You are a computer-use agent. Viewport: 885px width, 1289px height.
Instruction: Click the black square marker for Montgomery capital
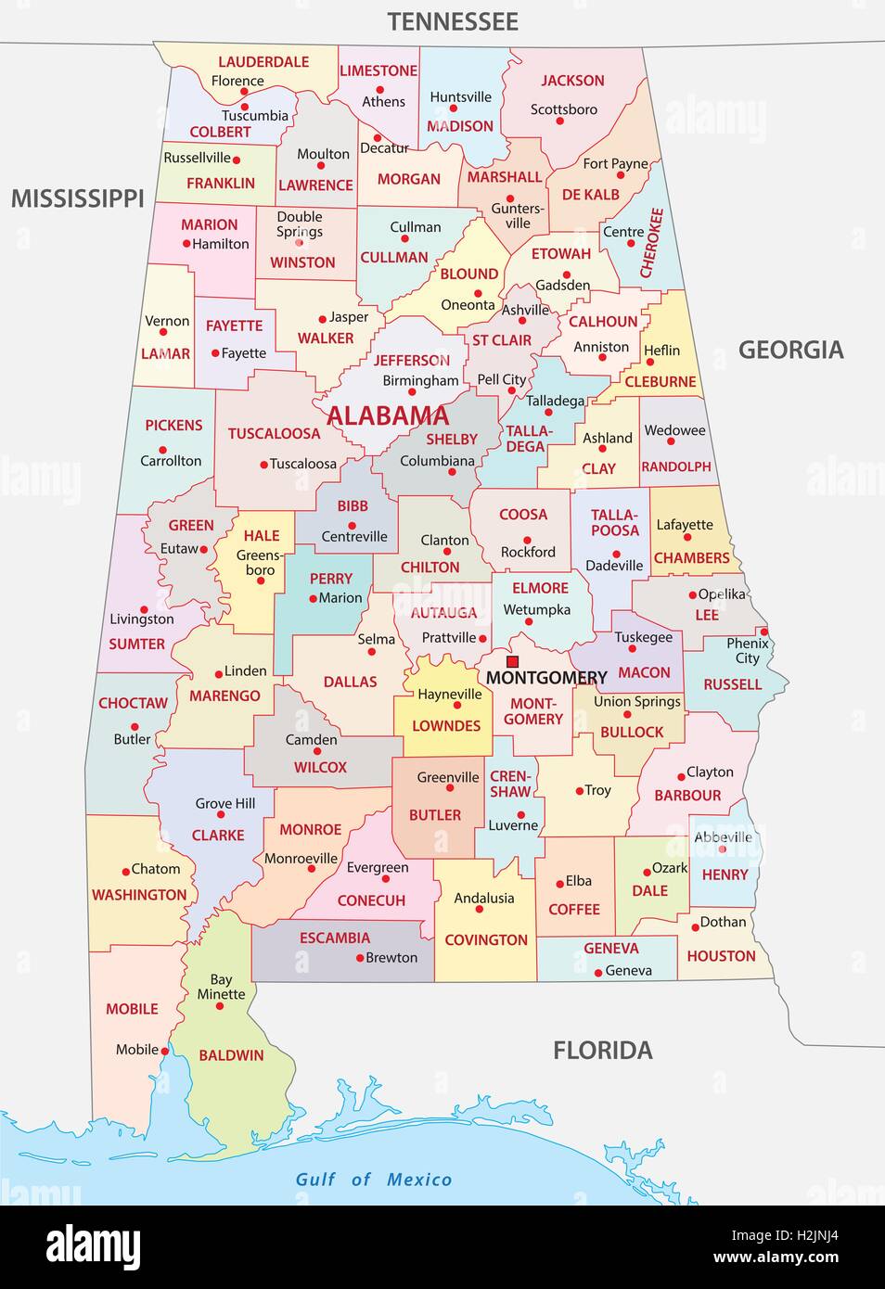[x=512, y=661]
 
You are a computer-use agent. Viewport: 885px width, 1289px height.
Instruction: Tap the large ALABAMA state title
[x=387, y=416]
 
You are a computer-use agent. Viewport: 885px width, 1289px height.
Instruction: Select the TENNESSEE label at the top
[x=453, y=21]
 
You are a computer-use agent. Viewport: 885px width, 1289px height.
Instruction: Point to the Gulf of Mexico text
[x=373, y=1179]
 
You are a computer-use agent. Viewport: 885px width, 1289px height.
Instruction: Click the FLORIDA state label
[x=602, y=1051]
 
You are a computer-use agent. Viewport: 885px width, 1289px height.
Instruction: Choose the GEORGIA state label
[x=790, y=350]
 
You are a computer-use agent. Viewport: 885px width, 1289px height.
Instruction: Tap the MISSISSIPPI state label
[x=77, y=198]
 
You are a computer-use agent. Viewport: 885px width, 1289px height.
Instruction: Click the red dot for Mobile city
[x=165, y=1051]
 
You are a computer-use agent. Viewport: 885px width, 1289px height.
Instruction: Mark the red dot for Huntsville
[x=455, y=109]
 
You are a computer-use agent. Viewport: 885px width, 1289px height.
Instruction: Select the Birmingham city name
[x=420, y=380]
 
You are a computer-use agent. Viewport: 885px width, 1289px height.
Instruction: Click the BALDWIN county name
[x=231, y=1055]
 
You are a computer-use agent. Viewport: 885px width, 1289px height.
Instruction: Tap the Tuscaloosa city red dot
[x=263, y=465]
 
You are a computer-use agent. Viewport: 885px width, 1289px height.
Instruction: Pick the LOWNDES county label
[x=446, y=725]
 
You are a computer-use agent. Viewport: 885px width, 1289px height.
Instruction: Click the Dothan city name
[x=723, y=922]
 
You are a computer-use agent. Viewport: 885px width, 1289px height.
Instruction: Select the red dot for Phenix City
[x=764, y=632]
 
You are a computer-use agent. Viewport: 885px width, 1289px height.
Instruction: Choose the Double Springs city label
[x=300, y=224]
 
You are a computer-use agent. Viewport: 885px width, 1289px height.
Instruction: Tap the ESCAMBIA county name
[x=334, y=938]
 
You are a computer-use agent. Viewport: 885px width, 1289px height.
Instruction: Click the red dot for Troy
[x=577, y=791]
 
